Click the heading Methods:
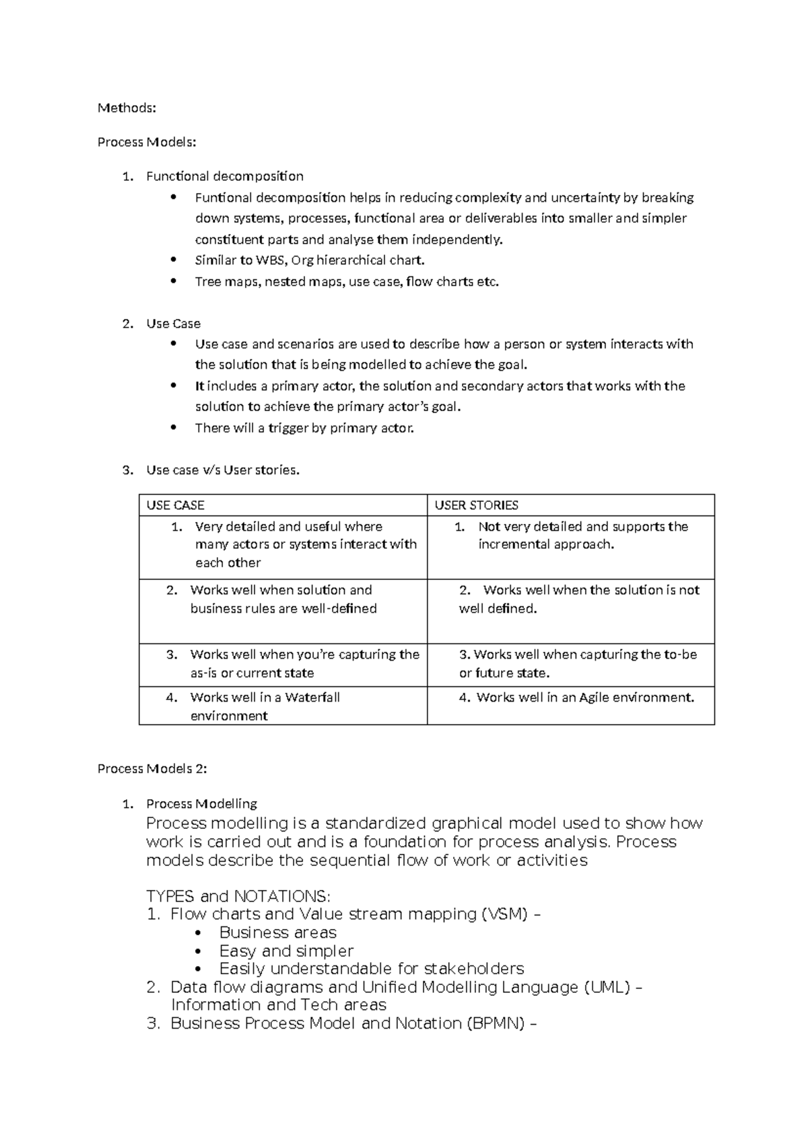click(x=127, y=108)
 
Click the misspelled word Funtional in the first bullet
click(x=219, y=198)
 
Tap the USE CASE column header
click(x=175, y=505)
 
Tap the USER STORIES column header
click(x=476, y=505)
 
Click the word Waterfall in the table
click(x=312, y=698)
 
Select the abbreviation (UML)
click(x=607, y=988)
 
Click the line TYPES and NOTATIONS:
click(x=238, y=897)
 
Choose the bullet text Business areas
click(x=277, y=933)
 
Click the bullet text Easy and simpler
click(x=286, y=951)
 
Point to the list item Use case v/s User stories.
click(x=222, y=470)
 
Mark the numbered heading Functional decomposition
click(x=224, y=176)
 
